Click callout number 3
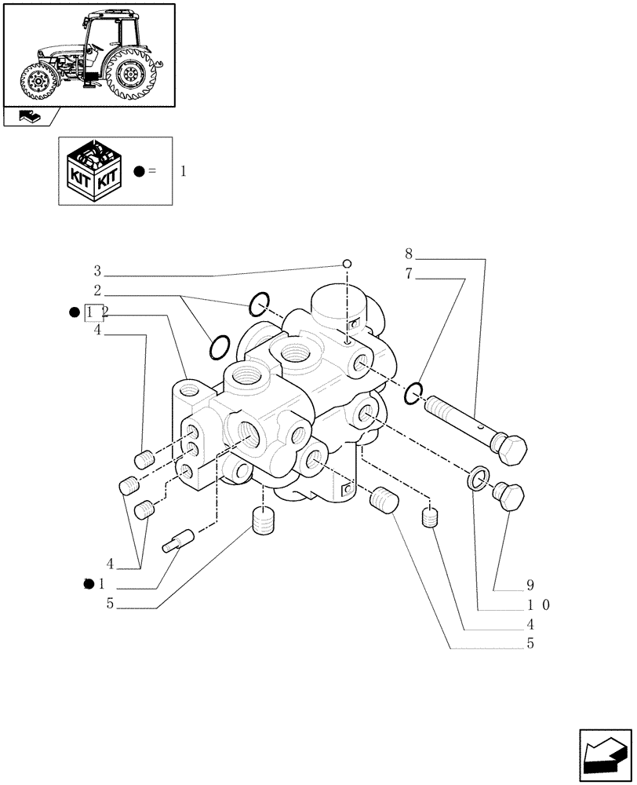pyautogui.click(x=97, y=271)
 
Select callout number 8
pyautogui.click(x=409, y=254)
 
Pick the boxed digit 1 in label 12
pyautogui.click(x=92, y=313)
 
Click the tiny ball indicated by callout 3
pyautogui.click(x=347, y=264)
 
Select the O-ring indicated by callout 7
pyautogui.click(x=413, y=392)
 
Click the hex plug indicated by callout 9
pyautogui.click(x=508, y=495)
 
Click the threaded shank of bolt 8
pyautogui.click(x=455, y=418)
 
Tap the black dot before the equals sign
pyautogui.click(x=139, y=171)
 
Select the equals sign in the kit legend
pyautogui.click(x=152, y=171)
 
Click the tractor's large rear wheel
pyautogui.click(x=129, y=75)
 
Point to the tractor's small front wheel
pyautogui.click(x=37, y=82)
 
